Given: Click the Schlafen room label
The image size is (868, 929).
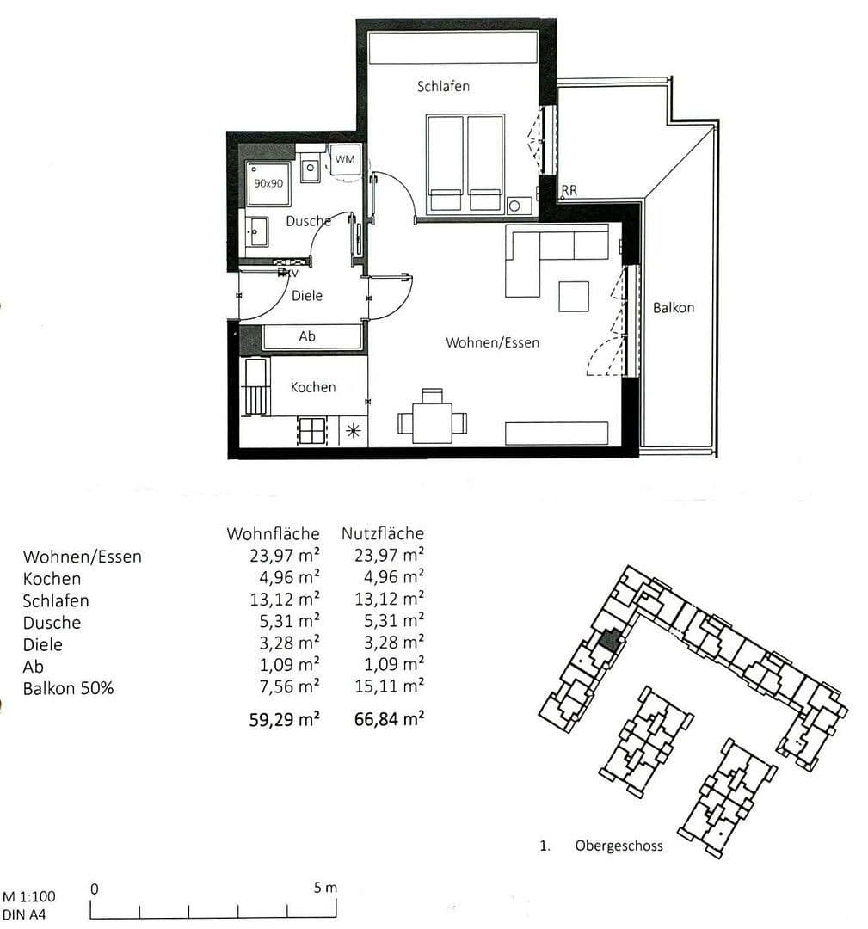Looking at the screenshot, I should [443, 87].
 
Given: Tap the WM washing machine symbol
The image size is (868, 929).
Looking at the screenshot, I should [345, 160].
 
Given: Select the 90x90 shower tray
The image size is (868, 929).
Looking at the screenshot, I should [268, 183].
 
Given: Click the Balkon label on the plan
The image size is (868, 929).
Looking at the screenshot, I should [673, 307].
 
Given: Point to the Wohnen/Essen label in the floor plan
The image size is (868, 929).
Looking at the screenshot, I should [492, 342].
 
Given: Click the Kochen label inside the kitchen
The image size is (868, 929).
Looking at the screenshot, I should [312, 387].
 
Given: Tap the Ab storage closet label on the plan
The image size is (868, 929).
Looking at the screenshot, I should [307, 336].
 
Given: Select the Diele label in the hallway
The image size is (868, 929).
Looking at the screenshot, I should [307, 295].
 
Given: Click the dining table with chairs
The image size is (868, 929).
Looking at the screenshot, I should [432, 420].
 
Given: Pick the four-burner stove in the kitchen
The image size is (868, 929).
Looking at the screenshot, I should [312, 430].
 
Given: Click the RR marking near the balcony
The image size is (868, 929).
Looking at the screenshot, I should [569, 191].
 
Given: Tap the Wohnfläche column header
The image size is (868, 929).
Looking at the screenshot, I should [273, 534].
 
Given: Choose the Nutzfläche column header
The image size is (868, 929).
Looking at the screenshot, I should [382, 534].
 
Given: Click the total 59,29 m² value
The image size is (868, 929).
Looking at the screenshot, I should [284, 719].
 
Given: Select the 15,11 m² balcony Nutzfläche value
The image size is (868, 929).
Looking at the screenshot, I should [389, 686].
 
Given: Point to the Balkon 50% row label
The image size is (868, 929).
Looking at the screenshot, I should [68, 688].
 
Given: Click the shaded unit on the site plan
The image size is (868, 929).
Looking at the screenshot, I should [610, 640].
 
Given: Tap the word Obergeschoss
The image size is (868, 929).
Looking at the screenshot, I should [619, 846].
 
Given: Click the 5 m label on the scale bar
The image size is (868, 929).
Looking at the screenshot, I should [326, 888].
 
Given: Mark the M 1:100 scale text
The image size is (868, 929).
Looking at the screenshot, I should [31, 896].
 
